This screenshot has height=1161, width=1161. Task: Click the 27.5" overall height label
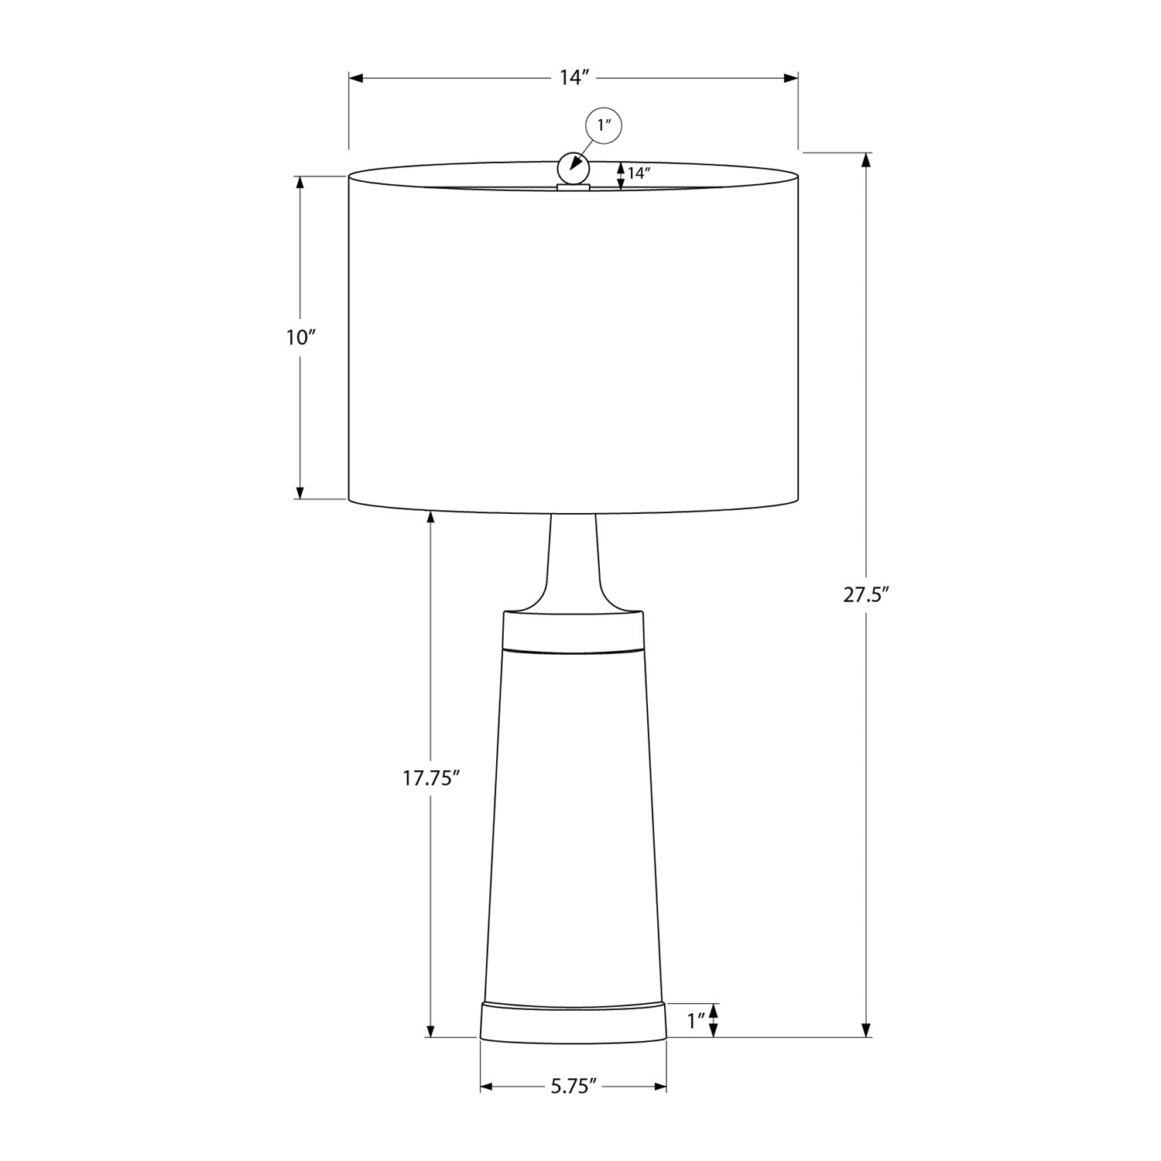tap(865, 595)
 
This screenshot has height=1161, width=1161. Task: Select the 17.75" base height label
tap(431, 779)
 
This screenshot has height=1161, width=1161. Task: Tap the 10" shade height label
tap(301, 337)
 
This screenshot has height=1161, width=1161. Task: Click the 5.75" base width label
tap(574, 1087)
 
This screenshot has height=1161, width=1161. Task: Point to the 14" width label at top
tap(574, 77)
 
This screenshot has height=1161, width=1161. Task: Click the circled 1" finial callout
tap(604, 125)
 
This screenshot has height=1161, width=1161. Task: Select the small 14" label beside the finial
tap(639, 174)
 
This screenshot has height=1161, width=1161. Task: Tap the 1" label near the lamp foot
tap(697, 1022)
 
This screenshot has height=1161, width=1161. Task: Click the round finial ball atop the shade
tap(574, 166)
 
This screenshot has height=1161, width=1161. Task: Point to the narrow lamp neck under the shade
tap(573, 557)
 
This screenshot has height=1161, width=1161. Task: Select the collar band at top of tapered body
tap(573, 628)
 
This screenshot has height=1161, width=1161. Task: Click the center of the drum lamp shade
tap(573, 341)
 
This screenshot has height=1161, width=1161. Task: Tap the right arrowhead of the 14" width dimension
tap(791, 78)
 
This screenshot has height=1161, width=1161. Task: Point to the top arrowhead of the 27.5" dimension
tap(866, 159)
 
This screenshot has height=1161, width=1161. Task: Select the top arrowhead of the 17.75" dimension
tap(431, 517)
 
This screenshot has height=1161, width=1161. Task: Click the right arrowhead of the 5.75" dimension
tap(660, 1087)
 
